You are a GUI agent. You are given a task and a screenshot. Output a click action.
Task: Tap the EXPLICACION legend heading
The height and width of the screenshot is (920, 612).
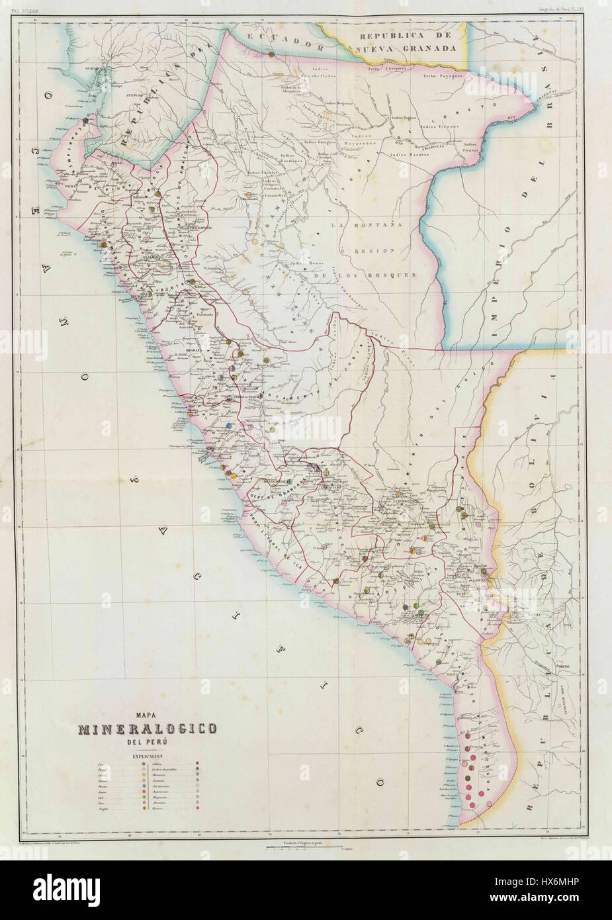click(x=148, y=755)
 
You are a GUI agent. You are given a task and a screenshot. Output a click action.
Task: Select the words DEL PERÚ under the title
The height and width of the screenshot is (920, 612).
click(x=148, y=741)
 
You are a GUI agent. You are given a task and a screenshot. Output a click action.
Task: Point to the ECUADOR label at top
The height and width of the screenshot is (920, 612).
click(x=285, y=38)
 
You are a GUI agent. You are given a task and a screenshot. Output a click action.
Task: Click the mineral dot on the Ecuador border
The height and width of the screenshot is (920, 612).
click(x=272, y=55)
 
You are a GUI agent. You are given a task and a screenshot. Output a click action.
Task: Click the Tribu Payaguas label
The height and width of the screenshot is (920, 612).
click(x=443, y=76)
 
